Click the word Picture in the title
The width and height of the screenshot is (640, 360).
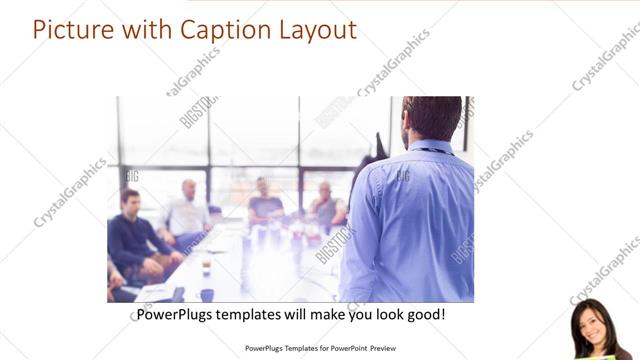(x=73, y=29)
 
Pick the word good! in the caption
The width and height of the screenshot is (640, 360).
(x=424, y=315)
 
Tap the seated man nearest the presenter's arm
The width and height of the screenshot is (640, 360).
(x=326, y=205)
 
